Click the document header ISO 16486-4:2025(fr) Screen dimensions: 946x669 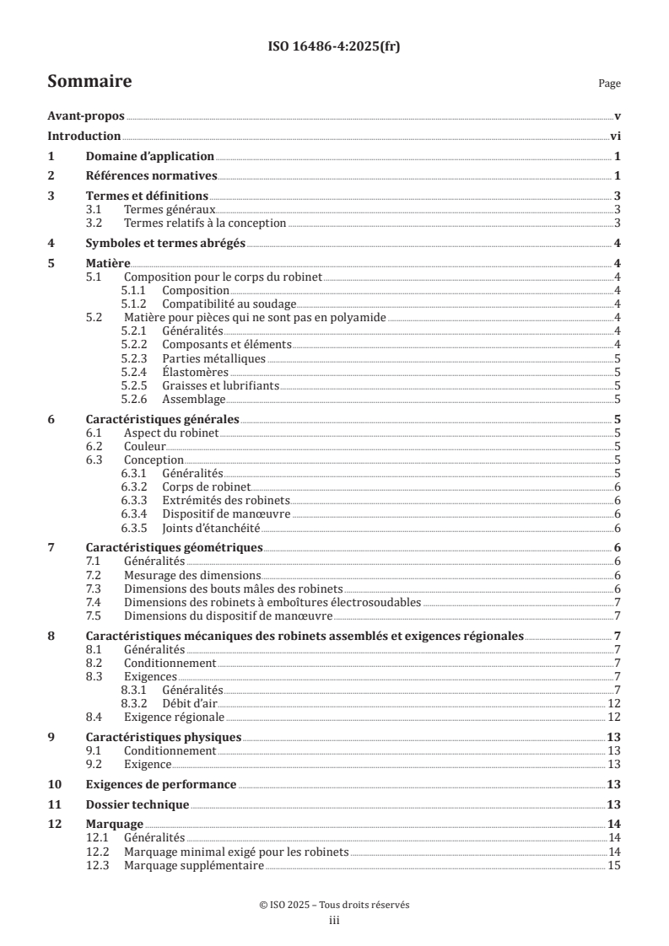pos(334,46)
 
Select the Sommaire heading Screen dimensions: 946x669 pos(89,82)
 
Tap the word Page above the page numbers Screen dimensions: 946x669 pos(609,84)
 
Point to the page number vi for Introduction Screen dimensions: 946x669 pos(616,136)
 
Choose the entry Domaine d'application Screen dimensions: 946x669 pos(150,156)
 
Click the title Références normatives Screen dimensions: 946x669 pos(152,175)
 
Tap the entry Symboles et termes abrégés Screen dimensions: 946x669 pos(165,244)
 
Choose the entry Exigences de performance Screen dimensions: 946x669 pos(161,784)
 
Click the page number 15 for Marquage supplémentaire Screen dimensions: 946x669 pos(615,866)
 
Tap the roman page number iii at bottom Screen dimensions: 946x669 pos(334,921)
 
